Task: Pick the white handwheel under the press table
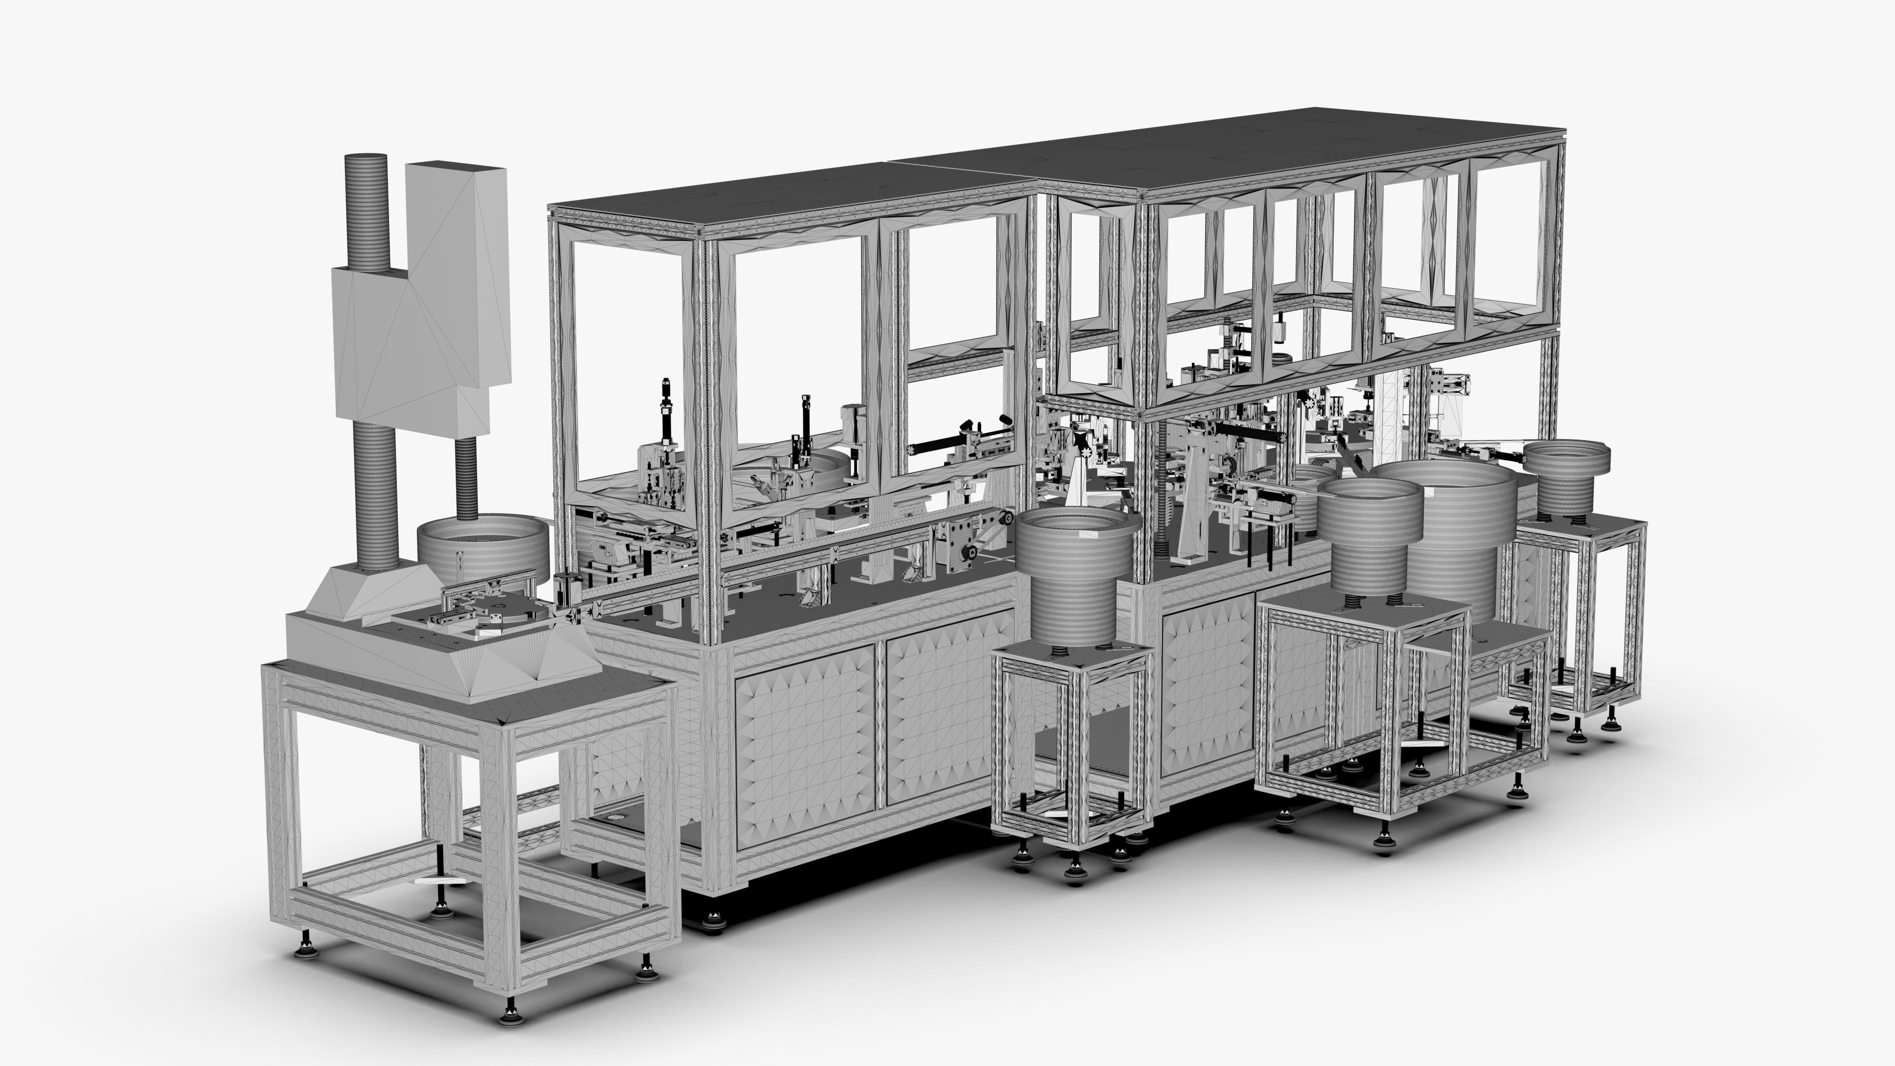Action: [438, 880]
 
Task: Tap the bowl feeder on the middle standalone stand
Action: [1078, 574]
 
